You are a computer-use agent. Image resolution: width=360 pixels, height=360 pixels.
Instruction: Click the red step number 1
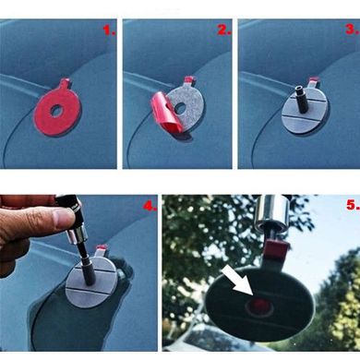109,30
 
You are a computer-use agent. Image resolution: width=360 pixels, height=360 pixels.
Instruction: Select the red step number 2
224,30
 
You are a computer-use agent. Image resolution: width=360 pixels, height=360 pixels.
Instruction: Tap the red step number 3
353,30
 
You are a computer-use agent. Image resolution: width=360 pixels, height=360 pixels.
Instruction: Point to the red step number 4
150,206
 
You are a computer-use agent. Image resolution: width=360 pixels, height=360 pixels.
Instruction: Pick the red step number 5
353,205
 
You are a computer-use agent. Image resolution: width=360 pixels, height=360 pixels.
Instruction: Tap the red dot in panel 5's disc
260,306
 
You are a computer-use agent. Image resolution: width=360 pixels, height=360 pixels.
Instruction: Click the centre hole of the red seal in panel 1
56,112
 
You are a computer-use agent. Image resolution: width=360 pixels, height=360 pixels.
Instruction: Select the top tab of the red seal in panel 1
66,83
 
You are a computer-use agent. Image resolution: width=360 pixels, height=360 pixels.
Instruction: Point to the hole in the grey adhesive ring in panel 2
180,108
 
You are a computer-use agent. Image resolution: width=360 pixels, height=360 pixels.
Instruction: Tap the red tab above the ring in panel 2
189,80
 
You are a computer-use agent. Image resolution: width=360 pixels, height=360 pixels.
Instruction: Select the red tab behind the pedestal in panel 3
314,81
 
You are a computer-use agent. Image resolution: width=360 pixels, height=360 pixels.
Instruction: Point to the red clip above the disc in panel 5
277,249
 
